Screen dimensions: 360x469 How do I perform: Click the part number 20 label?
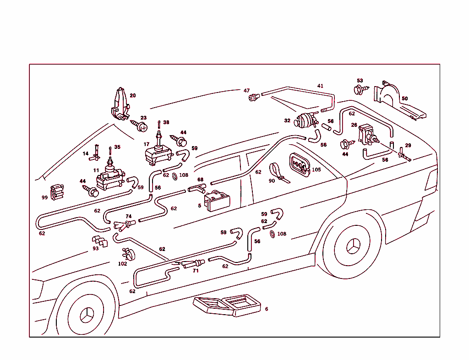[x=132, y=96]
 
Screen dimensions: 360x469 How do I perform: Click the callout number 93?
[x=95, y=249]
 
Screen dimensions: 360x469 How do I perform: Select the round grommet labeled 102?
[x=129, y=254]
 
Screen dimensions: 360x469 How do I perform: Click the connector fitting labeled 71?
[x=193, y=264]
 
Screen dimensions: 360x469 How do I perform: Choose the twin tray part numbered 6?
[x=227, y=305]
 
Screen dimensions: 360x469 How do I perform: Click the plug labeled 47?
[x=253, y=97]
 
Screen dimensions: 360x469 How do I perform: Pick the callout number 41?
[x=320, y=86]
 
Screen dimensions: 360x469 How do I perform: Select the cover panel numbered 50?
[x=397, y=103]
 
